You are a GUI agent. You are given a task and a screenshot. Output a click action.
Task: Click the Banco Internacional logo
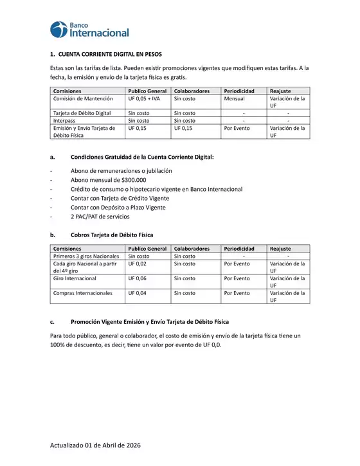[x=89, y=29]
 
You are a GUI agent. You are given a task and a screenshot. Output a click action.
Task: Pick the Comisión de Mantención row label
[x=83, y=99]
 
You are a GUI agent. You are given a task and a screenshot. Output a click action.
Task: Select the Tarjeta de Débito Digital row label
[x=82, y=113]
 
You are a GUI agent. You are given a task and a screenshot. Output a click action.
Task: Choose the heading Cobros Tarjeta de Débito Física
[x=112, y=235]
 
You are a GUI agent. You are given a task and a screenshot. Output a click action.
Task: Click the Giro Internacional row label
[x=75, y=278]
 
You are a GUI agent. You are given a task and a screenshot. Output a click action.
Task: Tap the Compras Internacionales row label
[x=82, y=293]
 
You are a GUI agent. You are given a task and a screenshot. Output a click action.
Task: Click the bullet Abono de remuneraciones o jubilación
[x=121, y=171]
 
